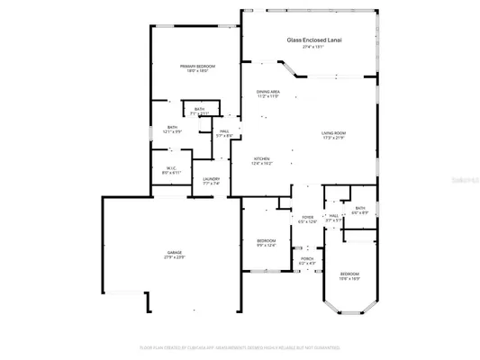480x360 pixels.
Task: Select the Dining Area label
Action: point(268,92)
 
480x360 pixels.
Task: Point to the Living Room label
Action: point(334,133)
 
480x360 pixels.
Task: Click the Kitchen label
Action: point(260,158)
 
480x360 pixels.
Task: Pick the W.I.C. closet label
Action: point(172,168)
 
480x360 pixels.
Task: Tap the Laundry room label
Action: point(211,179)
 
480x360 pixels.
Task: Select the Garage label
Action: point(174,252)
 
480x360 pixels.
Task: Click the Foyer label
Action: point(307,216)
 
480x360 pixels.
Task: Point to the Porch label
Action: point(307,258)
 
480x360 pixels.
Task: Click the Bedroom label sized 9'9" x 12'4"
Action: point(266,240)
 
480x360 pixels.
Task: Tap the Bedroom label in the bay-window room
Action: point(349,274)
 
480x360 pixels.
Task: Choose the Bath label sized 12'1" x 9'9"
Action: point(172,128)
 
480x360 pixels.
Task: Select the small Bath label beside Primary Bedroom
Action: point(199,109)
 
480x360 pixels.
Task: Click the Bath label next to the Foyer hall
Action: point(359,208)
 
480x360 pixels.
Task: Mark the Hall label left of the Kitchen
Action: point(224,131)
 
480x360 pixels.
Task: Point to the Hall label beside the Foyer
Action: point(333,216)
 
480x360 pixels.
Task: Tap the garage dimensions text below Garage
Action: point(174,257)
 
